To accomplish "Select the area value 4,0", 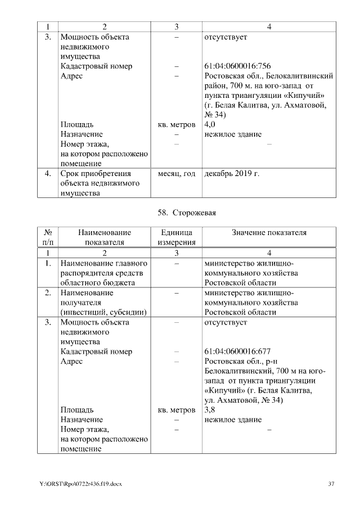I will coord(210,124).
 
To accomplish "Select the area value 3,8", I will coord(210,409).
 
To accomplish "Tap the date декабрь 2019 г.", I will coord(232,174).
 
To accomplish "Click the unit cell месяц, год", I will coord(176,174).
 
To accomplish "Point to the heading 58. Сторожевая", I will coord(187,213).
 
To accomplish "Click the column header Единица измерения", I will coord(176,237).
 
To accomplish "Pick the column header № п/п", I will coord(48,237).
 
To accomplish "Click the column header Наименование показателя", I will coord(105,237).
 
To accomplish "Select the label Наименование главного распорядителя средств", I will coord(103,273).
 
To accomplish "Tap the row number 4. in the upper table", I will coord(48,174).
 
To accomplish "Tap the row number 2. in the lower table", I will coord(48,292).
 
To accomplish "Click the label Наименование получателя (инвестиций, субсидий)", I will coord(103,302).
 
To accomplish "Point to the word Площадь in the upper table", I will coord(77,124).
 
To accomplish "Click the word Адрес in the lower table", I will coord(71,361).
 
